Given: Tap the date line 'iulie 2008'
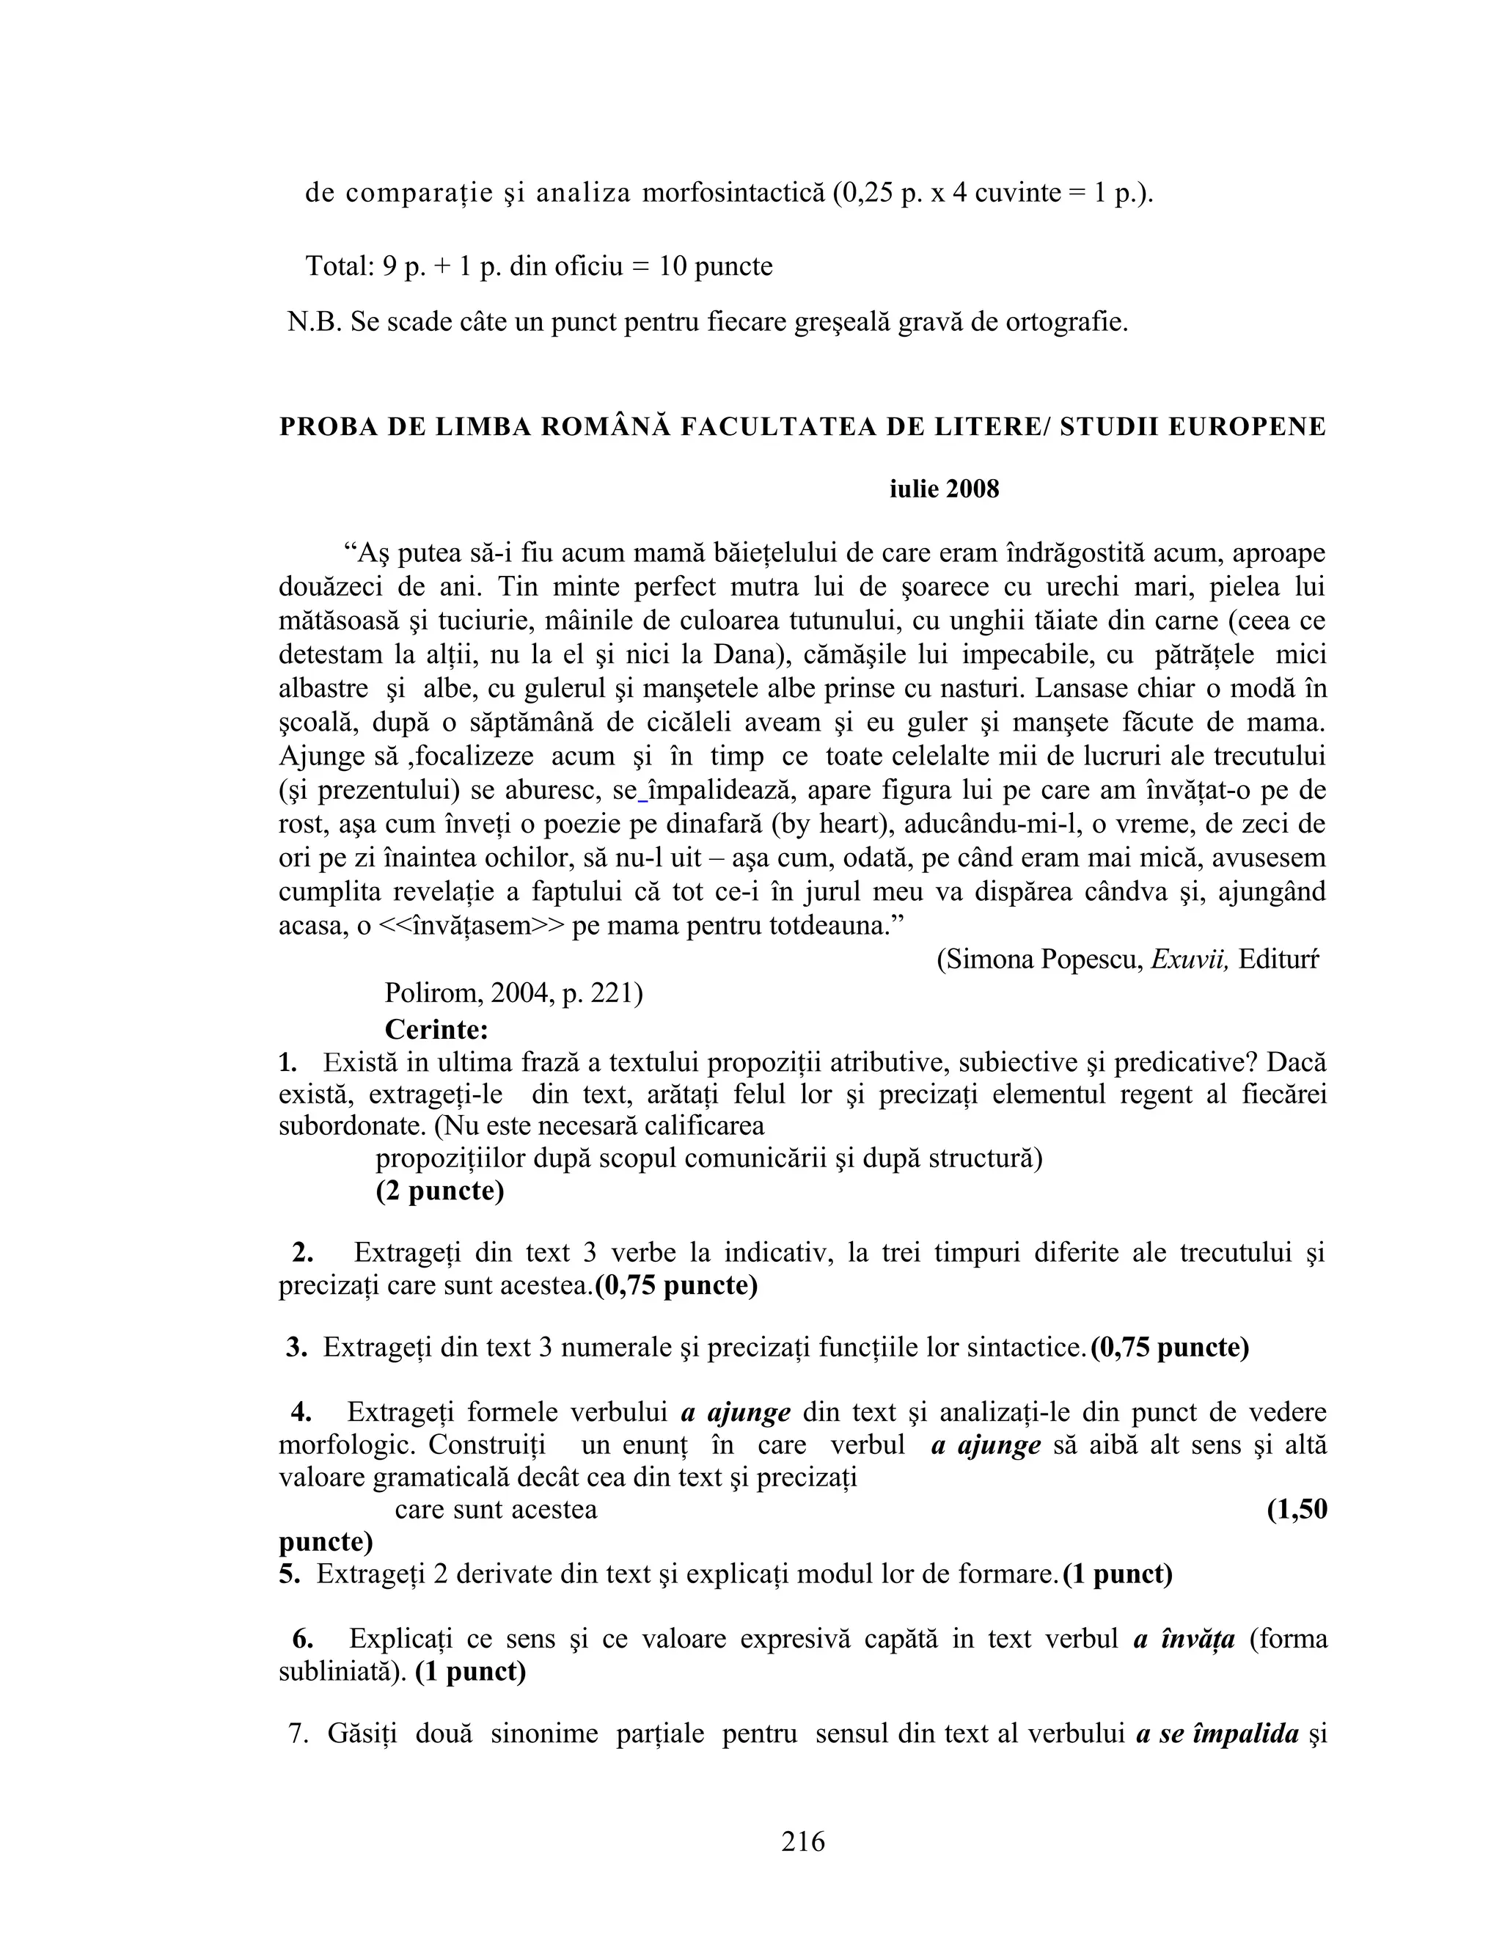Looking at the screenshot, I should [944, 489].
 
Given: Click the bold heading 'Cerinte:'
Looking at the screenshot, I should [436, 1029].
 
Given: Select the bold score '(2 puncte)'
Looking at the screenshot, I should [439, 1190].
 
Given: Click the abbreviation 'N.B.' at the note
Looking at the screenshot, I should [314, 321].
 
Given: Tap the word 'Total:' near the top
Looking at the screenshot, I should [340, 266].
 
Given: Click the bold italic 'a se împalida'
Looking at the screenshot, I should [1217, 1734].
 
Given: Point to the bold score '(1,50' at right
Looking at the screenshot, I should [1297, 1509].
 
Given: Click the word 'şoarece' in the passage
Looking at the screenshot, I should [934, 587].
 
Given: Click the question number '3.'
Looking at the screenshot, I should [297, 1348].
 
